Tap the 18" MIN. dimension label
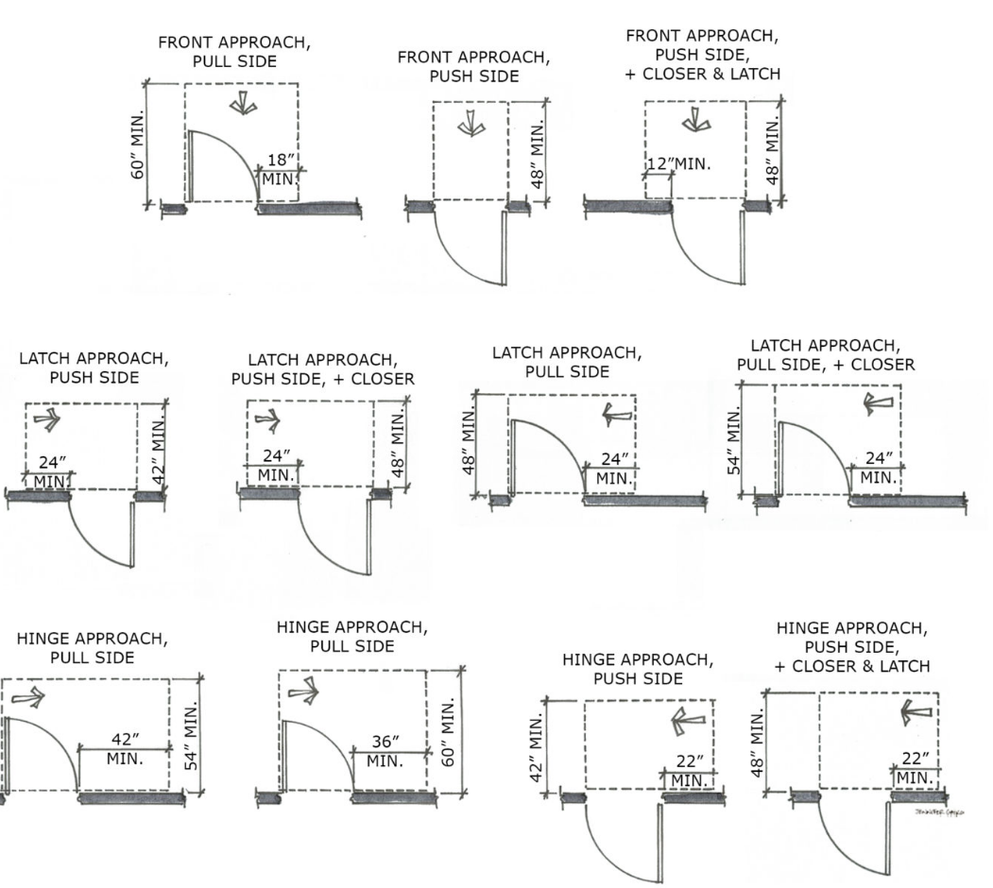point(280,168)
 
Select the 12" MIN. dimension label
point(677,164)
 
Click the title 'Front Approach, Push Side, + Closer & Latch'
point(703,54)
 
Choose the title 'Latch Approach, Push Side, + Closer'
point(322,369)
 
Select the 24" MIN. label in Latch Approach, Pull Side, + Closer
point(879,468)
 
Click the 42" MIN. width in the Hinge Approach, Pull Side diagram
point(125,747)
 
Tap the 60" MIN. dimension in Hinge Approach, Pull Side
point(450,732)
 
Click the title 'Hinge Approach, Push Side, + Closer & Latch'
point(851,646)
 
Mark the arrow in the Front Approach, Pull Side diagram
point(243,104)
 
